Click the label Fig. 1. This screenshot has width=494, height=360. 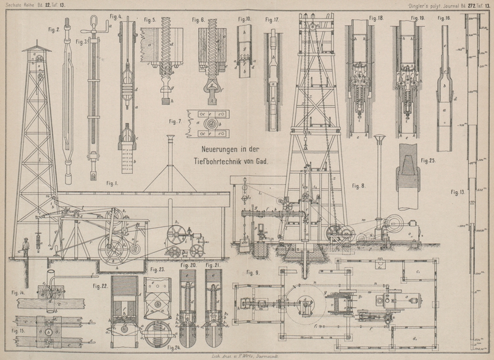(112, 183)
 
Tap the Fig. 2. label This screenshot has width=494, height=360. (53, 29)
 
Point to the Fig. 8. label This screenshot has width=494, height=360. (359, 186)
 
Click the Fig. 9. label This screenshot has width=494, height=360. (253, 272)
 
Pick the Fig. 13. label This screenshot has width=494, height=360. (458, 192)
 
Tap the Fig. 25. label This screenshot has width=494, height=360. (429, 160)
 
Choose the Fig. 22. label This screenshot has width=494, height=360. (101, 286)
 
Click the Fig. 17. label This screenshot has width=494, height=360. (272, 19)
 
